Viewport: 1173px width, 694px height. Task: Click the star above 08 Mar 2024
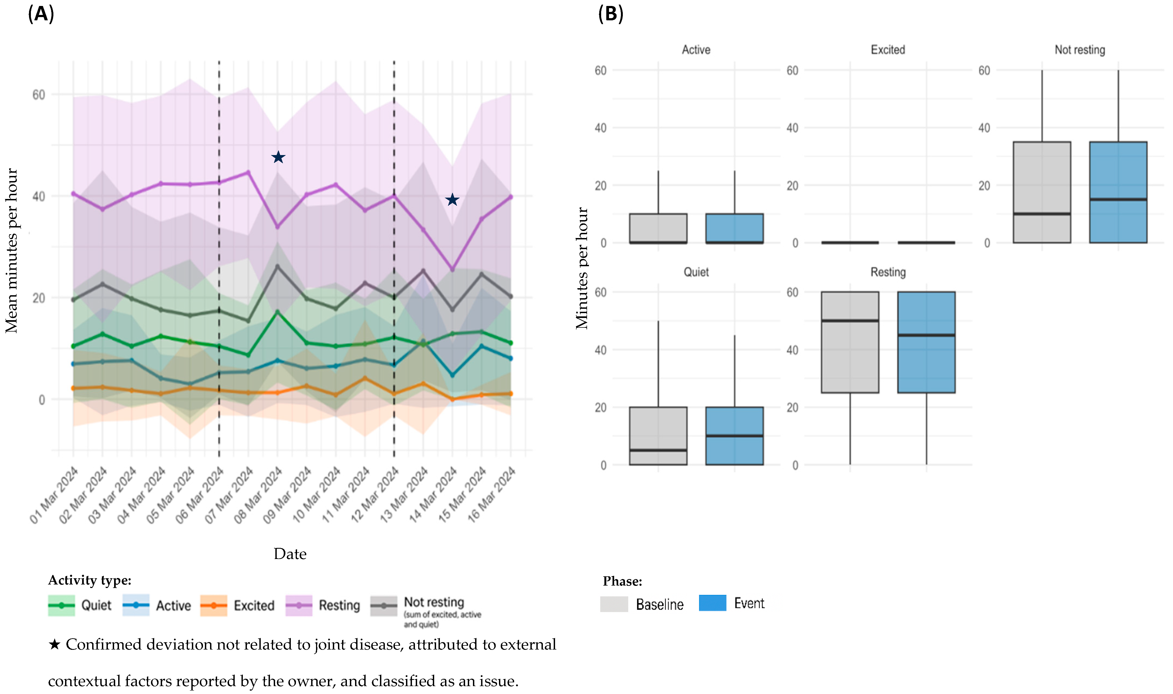(278, 157)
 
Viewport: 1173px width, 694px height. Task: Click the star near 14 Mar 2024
(452, 200)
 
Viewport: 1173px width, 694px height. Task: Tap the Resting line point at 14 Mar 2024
(452, 269)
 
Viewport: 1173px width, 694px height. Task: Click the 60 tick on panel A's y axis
(39, 95)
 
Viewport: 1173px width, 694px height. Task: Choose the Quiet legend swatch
(61, 605)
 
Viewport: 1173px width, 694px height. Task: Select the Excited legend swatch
(214, 605)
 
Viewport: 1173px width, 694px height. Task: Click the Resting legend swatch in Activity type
(299, 605)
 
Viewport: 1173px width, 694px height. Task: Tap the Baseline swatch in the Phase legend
(614, 604)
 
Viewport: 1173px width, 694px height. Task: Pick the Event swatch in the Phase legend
(713, 603)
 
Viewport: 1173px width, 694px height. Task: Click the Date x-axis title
(290, 554)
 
